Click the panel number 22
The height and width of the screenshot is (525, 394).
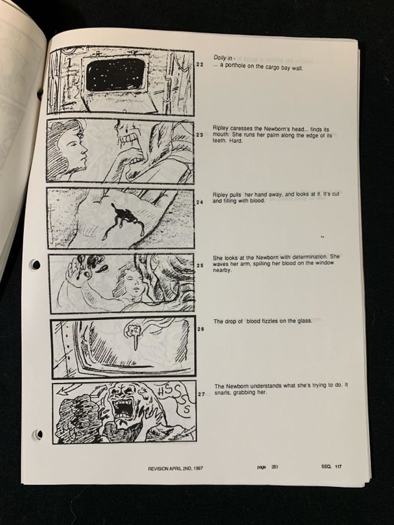(x=200, y=64)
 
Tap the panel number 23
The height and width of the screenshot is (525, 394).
(x=200, y=135)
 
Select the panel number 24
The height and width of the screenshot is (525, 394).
(x=200, y=202)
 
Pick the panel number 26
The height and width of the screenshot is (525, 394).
(x=201, y=329)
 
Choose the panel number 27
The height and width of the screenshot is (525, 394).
(x=201, y=394)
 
